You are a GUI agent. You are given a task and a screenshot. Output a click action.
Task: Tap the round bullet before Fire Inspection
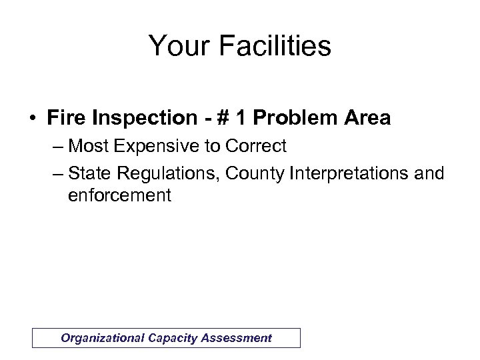[31, 119]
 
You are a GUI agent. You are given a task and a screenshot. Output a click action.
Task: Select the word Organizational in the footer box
[100, 337]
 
